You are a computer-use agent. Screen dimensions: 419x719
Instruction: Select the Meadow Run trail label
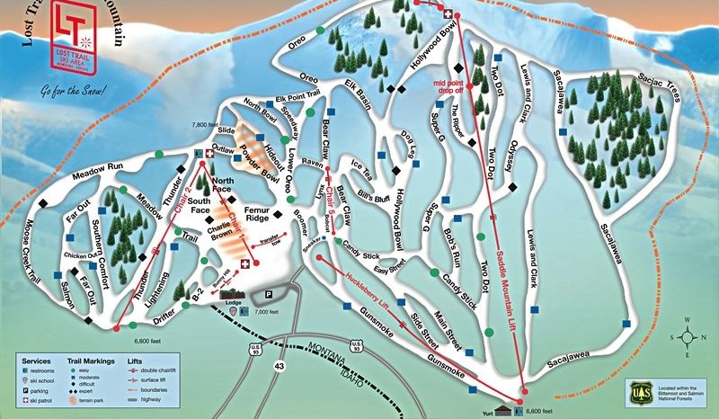[x=77, y=166]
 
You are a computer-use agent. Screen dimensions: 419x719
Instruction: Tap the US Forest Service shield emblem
[x=639, y=393]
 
